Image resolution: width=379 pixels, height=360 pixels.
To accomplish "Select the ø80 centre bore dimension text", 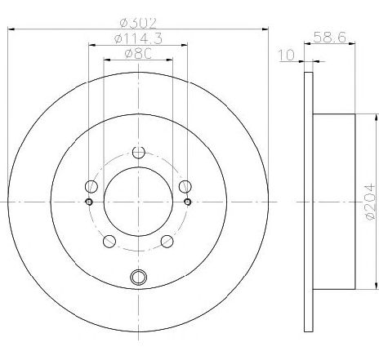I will click(x=138, y=56).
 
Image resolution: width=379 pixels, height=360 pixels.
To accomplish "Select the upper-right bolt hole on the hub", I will click(x=185, y=185).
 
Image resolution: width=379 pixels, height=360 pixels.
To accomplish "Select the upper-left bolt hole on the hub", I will click(x=91, y=185).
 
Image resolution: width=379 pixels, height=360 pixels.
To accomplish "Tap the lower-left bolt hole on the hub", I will click(x=109, y=240).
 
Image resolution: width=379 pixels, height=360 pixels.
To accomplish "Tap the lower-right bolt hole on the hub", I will click(x=167, y=240).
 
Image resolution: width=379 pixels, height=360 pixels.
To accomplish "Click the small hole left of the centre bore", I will click(x=89, y=202).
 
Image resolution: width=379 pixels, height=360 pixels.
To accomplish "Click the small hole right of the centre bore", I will click(x=188, y=202).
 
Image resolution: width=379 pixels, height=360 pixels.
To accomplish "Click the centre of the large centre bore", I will click(x=138, y=201).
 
